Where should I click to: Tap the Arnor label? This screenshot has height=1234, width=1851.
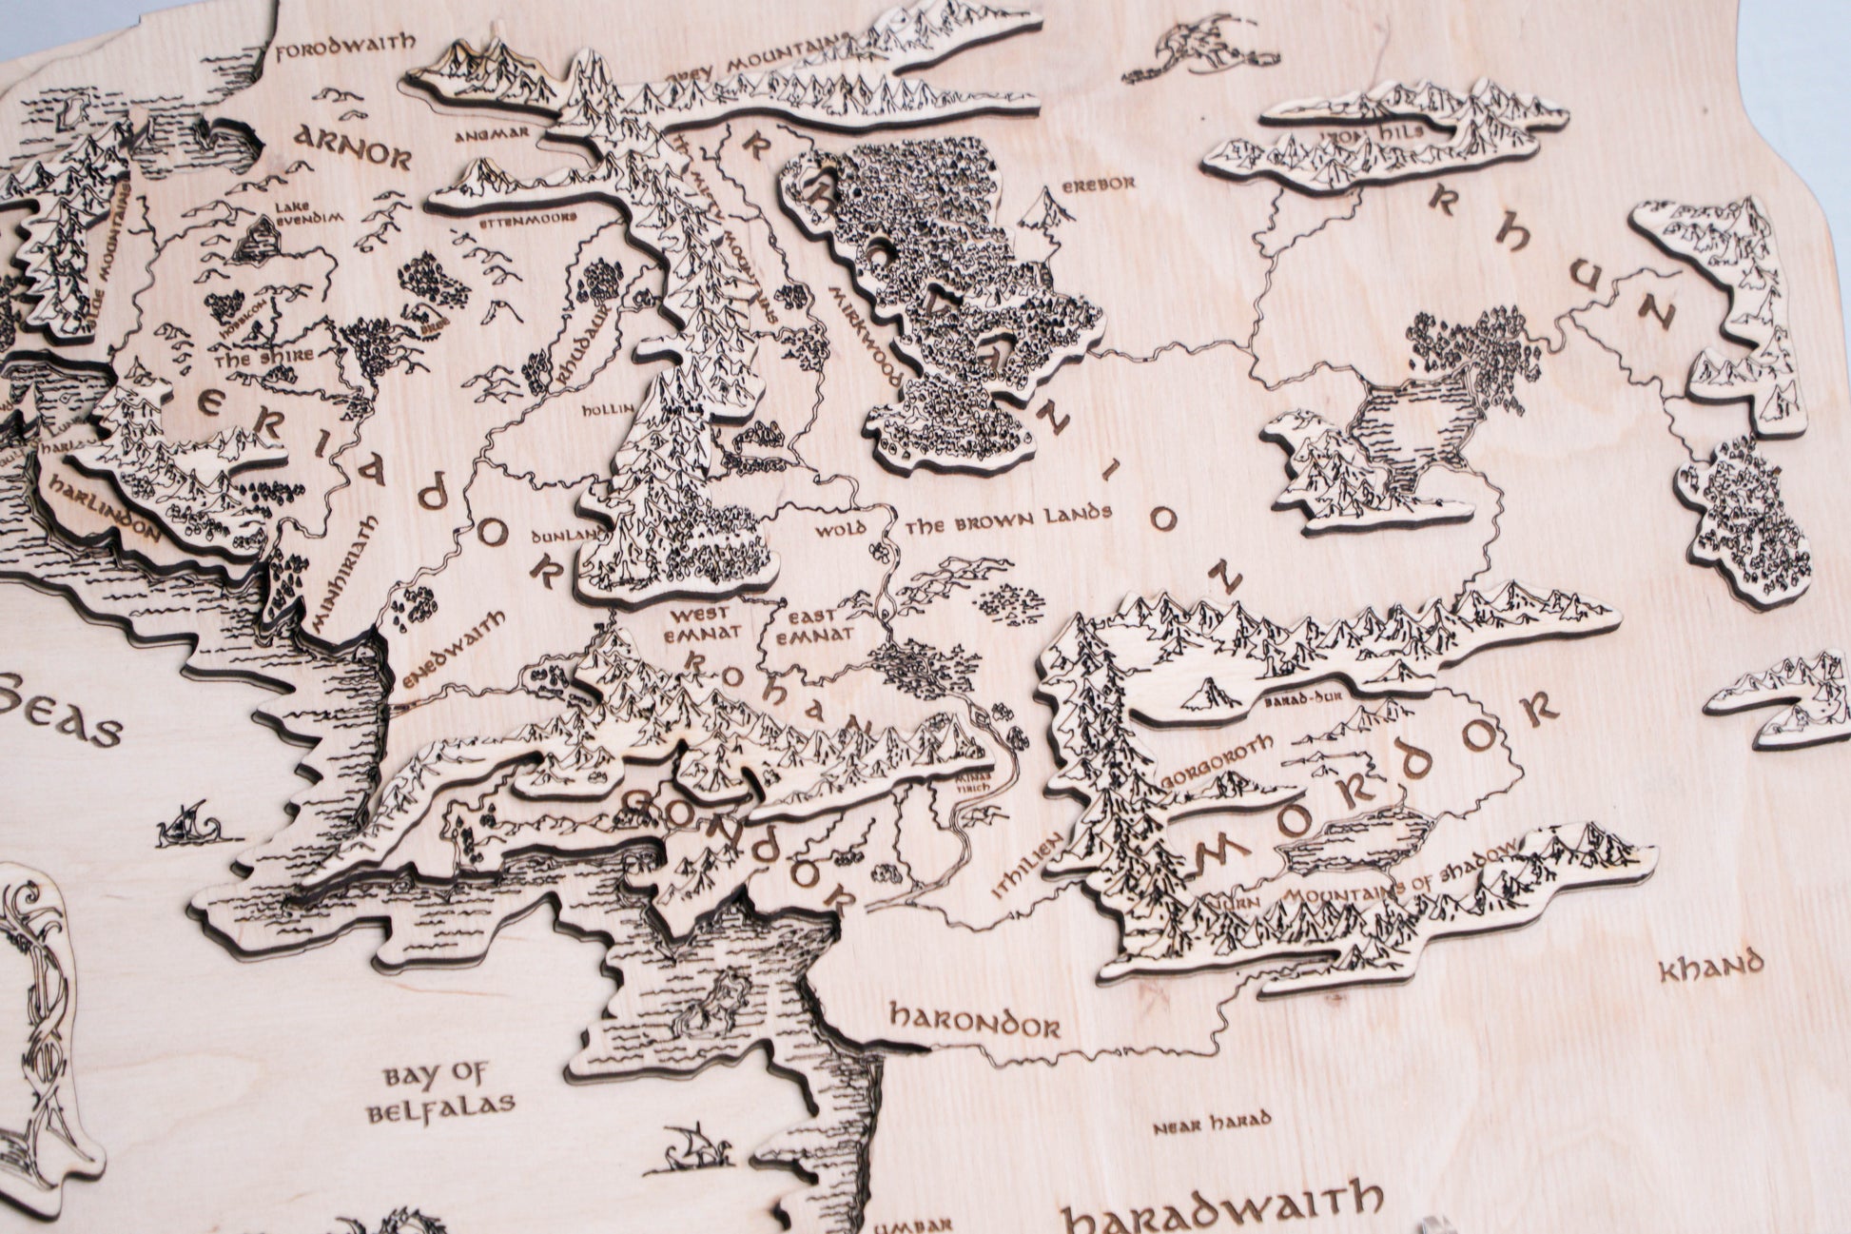tap(351, 146)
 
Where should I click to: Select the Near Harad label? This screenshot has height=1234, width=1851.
tap(1197, 1128)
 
